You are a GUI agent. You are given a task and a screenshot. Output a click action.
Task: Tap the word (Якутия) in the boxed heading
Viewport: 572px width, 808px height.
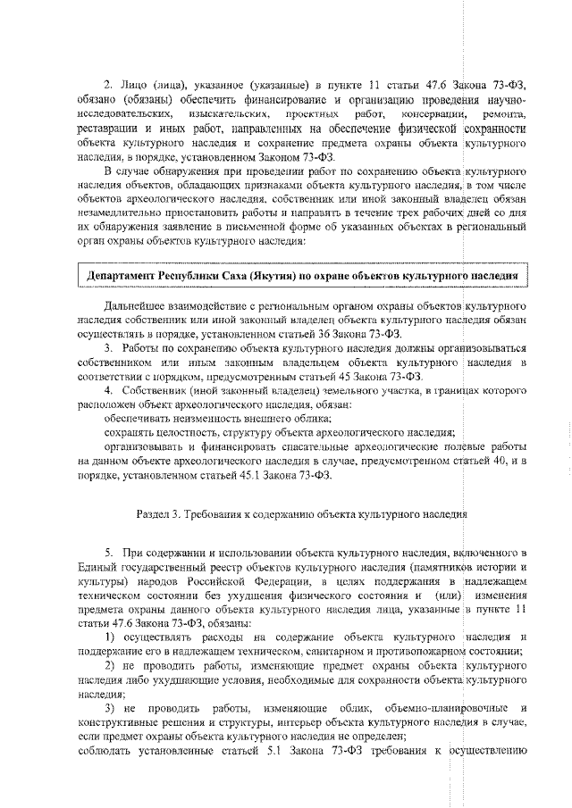[261, 277]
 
